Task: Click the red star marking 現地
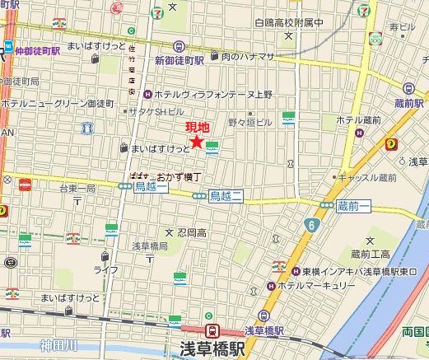coord(197,142)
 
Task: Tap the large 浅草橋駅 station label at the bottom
coord(212,348)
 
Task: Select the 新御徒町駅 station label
coord(178,60)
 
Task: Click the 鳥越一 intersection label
coord(152,187)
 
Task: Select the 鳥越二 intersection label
coord(226,195)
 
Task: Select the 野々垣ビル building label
coord(249,122)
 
